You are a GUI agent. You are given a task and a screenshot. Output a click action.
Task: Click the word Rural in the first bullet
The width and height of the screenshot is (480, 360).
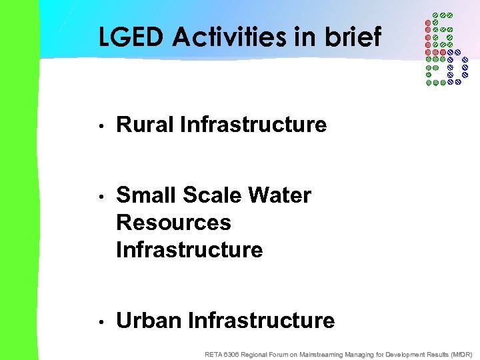tap(145, 125)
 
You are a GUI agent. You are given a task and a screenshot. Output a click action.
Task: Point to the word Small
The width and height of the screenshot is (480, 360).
tap(144, 195)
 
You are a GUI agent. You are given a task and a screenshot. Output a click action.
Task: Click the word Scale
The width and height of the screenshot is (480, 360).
tap(210, 195)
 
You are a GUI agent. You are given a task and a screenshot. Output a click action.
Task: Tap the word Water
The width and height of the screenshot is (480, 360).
tap(279, 195)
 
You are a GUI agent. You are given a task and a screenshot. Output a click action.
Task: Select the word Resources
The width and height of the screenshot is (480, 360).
tap(173, 223)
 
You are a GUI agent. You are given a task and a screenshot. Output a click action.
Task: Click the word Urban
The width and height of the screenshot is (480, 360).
tap(149, 321)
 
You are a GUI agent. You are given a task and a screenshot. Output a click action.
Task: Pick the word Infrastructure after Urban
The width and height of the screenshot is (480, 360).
tap(261, 321)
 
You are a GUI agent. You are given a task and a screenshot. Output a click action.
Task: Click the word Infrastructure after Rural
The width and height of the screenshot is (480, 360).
tap(253, 125)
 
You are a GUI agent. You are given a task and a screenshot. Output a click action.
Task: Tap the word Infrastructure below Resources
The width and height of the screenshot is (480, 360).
tap(189, 250)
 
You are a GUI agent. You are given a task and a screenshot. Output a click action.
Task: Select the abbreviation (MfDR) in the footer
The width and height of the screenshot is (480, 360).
tap(461, 354)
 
